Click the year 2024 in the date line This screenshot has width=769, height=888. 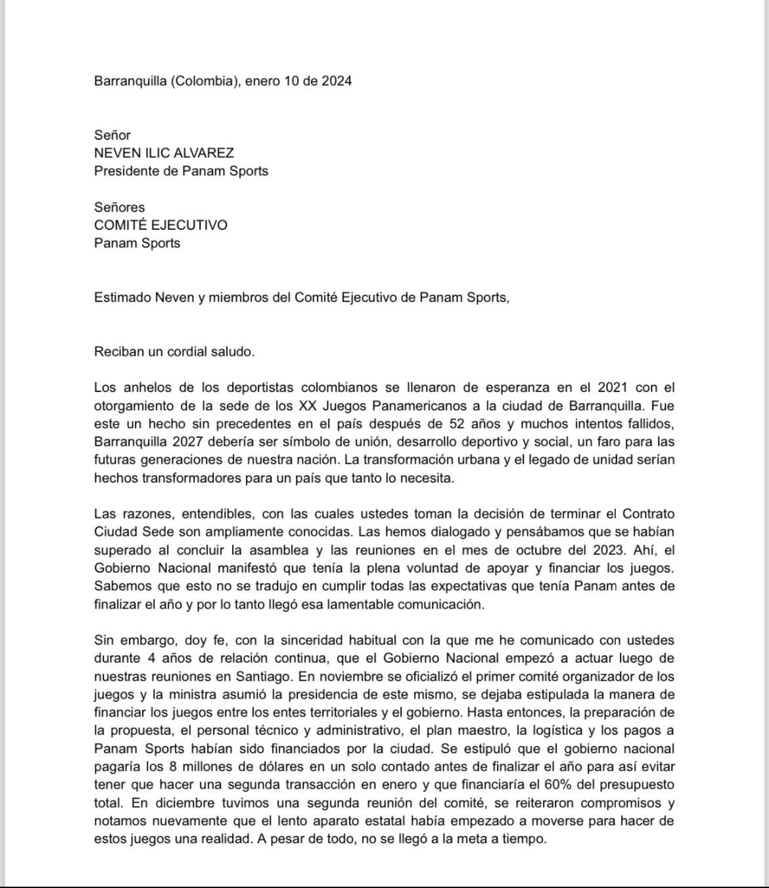336,81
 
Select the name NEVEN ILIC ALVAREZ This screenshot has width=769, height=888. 164,153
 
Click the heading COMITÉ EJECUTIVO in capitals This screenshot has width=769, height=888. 160,225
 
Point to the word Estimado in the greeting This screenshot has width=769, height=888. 122,298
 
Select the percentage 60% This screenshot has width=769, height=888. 571,785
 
